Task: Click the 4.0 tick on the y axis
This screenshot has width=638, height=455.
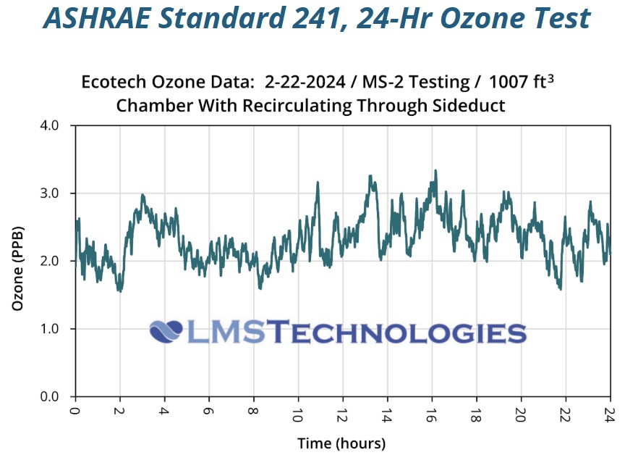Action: click(58, 125)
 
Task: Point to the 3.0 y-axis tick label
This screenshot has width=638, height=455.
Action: click(58, 193)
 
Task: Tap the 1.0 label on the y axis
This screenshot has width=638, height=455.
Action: click(58, 329)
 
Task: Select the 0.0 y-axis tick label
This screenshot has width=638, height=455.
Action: click(58, 396)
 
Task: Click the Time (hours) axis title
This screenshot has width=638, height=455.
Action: click(341, 443)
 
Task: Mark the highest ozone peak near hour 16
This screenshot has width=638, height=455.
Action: click(435, 171)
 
